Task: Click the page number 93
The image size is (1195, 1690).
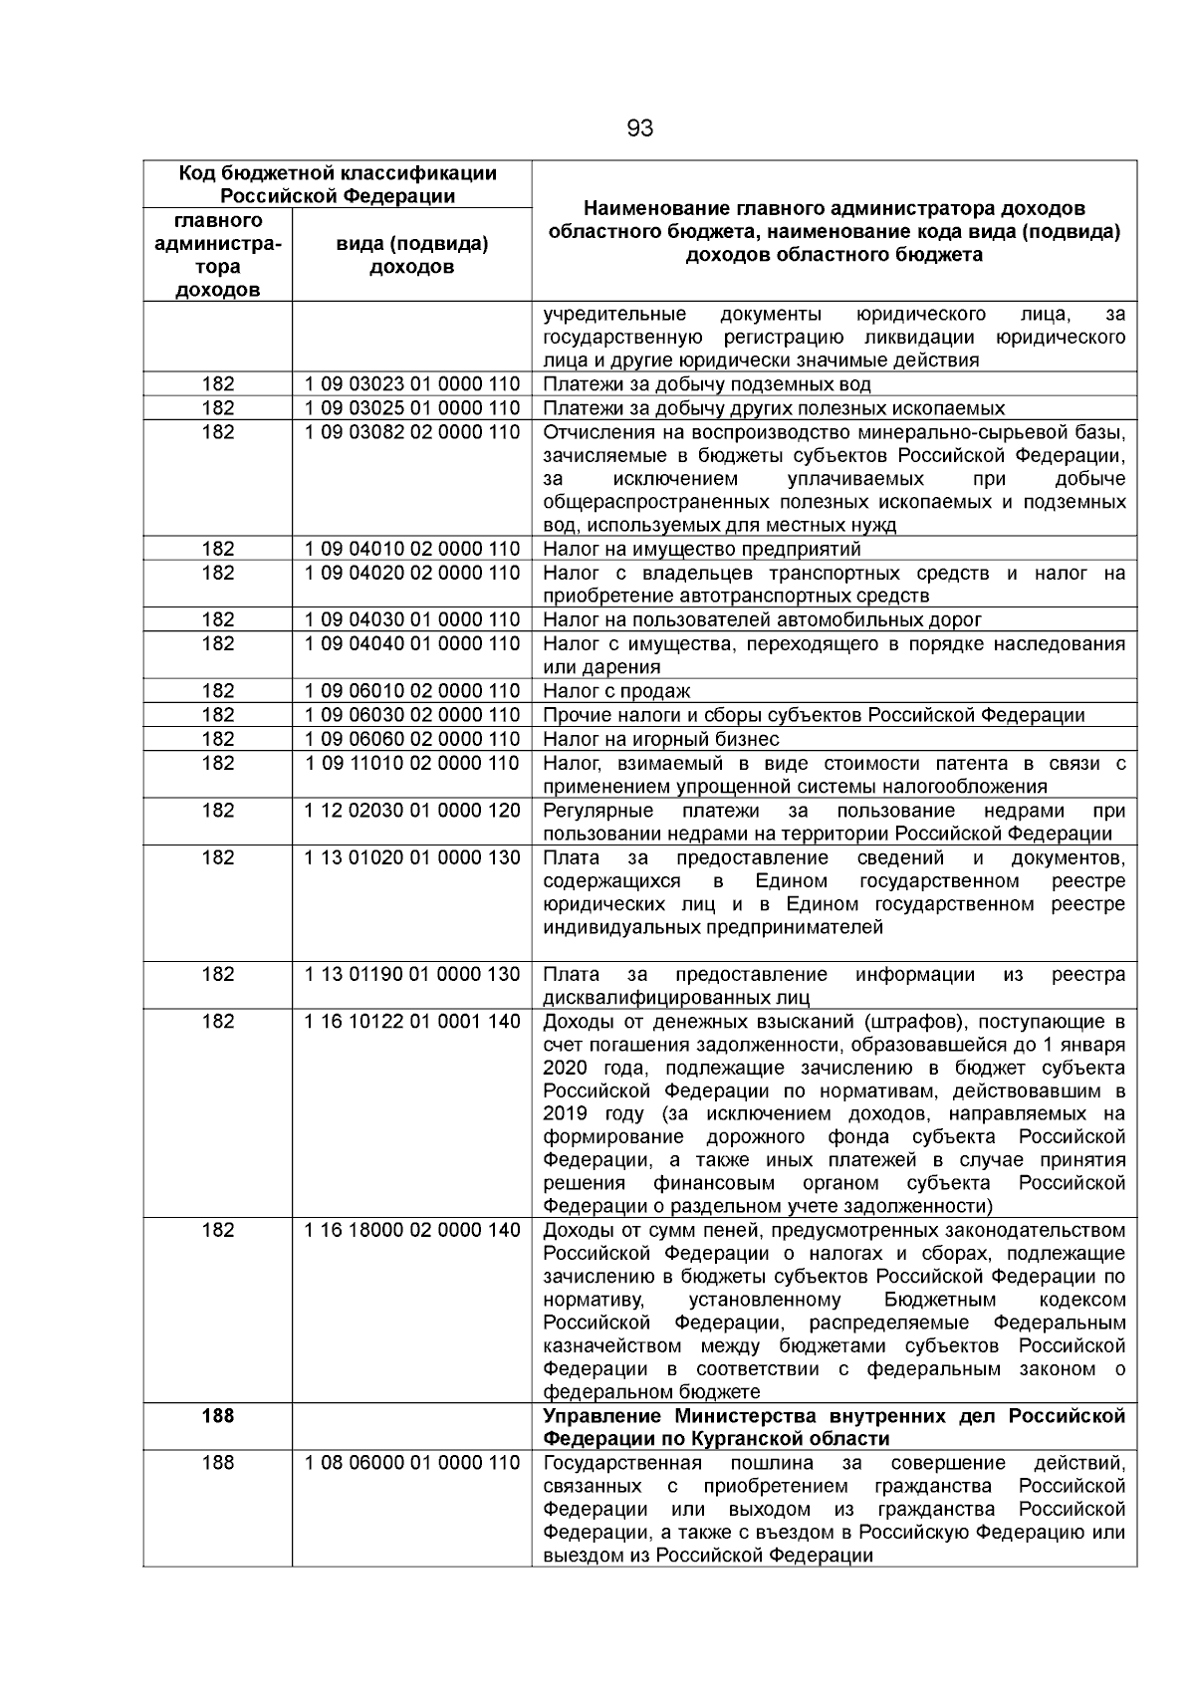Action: [639, 129]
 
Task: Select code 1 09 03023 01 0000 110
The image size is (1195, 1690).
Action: [411, 384]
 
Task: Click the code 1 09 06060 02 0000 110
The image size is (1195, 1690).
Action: [411, 739]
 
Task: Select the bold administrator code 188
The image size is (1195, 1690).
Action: [217, 1415]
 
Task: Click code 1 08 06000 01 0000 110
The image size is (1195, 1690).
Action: [411, 1463]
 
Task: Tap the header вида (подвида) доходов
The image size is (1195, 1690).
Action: [412, 255]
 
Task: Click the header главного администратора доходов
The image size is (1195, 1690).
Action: [217, 255]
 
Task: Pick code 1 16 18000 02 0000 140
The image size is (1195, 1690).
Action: [411, 1230]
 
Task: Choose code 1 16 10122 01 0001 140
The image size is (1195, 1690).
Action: [411, 1021]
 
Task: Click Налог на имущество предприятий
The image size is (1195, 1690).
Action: [701, 549]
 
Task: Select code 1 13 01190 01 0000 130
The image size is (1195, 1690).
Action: [411, 974]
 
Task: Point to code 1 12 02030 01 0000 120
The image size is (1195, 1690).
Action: [411, 811]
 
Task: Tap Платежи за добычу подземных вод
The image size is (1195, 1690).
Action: [706, 384]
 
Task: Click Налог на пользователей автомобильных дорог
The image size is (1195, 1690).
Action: [762, 619]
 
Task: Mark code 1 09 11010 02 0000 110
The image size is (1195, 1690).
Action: [411, 763]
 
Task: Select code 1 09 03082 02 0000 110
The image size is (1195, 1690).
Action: [411, 432]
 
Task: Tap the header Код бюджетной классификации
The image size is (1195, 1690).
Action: [337, 173]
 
